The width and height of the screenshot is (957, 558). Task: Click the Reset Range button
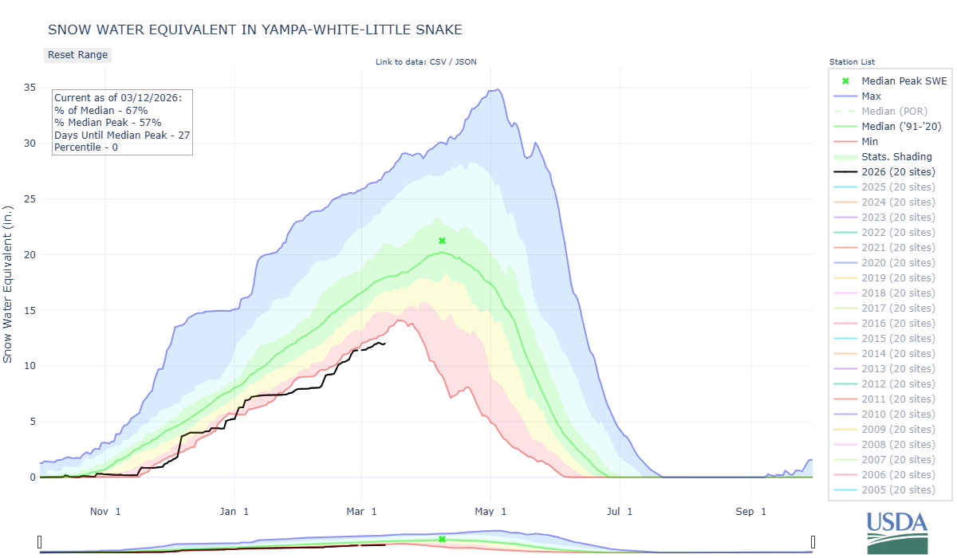pos(77,55)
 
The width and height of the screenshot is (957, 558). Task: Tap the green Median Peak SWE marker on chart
pos(442,241)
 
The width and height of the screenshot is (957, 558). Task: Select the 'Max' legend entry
pos(871,96)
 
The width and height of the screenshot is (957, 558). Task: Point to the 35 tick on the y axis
pos(30,88)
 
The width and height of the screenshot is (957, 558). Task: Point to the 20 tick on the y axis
pos(30,255)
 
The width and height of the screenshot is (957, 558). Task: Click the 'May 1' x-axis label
pos(491,511)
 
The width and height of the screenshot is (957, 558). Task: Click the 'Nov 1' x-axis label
pos(106,511)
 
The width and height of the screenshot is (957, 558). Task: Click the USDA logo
pos(897,530)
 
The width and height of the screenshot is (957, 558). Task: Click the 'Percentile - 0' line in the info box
pos(86,147)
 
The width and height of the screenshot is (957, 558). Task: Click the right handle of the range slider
pos(813,542)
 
